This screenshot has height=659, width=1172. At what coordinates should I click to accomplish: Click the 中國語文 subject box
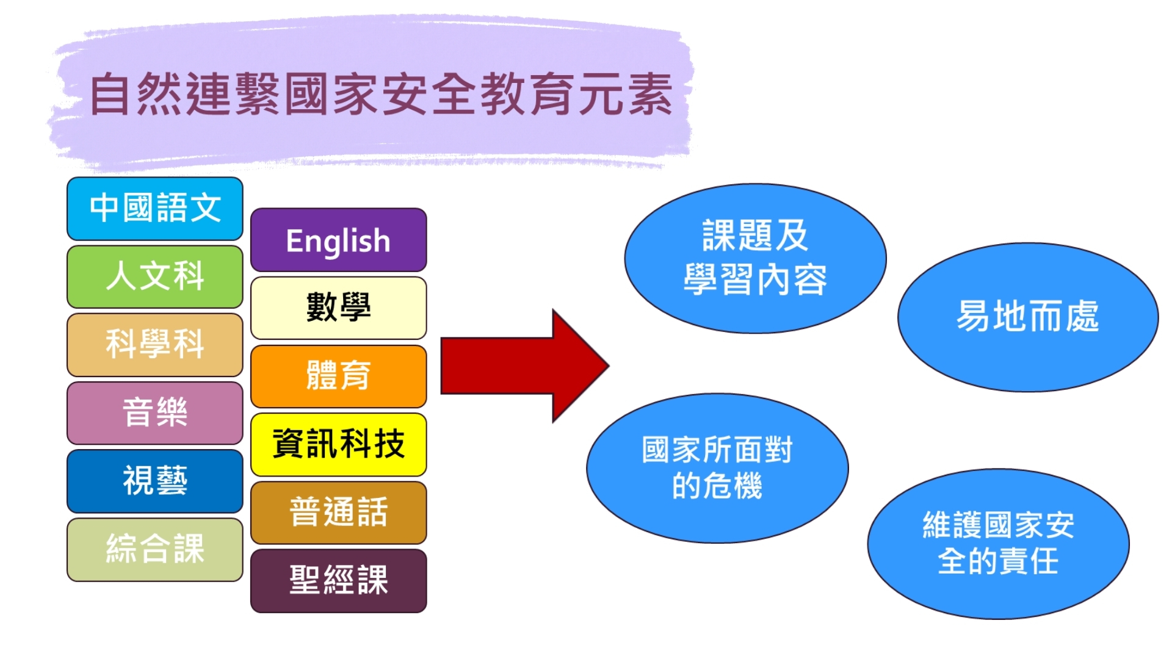point(155,209)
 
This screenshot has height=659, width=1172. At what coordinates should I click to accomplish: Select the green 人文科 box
point(155,276)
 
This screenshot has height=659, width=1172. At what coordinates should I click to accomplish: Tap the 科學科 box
point(155,345)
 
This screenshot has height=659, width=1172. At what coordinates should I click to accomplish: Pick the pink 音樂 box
point(155,413)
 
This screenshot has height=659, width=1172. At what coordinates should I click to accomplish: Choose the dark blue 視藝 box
point(155,481)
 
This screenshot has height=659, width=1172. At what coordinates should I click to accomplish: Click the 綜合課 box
point(155,550)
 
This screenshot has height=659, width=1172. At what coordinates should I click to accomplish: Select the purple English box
point(339,240)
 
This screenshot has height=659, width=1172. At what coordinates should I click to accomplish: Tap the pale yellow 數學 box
point(339,308)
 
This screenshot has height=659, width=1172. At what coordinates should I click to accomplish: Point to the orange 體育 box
point(339,376)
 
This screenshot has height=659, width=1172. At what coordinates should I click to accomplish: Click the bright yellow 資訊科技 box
point(339,445)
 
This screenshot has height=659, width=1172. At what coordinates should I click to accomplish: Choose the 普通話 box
point(339,513)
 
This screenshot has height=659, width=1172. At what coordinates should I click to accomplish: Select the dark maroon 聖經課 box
point(339,581)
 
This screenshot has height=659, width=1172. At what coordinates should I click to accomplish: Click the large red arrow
point(525,366)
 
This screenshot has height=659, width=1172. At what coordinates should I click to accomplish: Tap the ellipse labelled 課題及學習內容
point(755,259)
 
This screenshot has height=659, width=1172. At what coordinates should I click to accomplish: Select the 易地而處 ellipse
point(1028,317)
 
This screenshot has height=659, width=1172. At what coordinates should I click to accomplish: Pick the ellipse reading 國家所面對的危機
point(717,468)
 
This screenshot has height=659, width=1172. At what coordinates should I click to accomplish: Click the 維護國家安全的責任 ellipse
point(998,544)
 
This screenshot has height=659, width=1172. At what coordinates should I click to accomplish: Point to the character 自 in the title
point(111,95)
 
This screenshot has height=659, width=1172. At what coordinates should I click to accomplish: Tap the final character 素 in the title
point(651,95)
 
